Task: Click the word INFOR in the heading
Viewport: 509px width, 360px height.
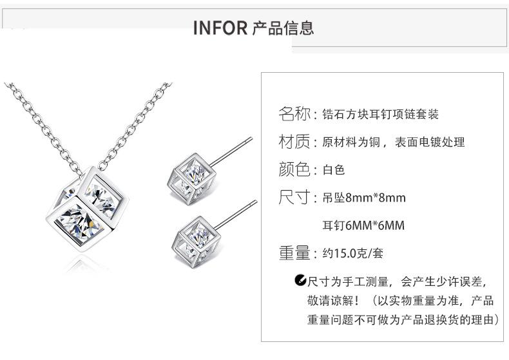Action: [x=220, y=28]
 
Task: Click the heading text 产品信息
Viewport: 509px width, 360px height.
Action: [x=283, y=28]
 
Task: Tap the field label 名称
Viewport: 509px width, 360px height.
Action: [x=294, y=115]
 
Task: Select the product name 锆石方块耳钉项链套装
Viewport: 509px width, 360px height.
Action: [x=380, y=115]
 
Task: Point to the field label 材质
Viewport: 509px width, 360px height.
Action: [x=294, y=142]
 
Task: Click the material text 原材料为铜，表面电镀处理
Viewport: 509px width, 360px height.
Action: [x=393, y=142]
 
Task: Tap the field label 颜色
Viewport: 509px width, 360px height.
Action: [x=294, y=169]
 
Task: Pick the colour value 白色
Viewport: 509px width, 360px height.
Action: [x=334, y=170]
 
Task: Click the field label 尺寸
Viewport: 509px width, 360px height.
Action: [x=294, y=197]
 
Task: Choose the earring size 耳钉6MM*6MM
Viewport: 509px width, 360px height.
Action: [x=363, y=226]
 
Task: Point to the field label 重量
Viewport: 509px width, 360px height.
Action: [x=294, y=253]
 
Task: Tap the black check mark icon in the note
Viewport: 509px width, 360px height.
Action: [x=300, y=280]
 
